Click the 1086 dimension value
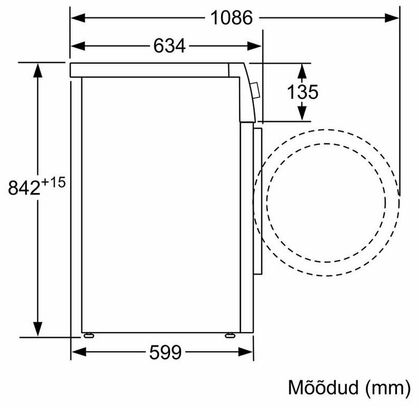pyautogui.click(x=231, y=18)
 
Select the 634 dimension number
pyautogui.click(x=169, y=46)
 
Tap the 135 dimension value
pyautogui.click(x=303, y=92)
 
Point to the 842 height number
pyautogui.click(x=24, y=188)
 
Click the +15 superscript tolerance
pyautogui.click(x=53, y=183)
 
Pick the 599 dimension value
pyautogui.click(x=166, y=352)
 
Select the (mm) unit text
pyautogui.click(x=388, y=388)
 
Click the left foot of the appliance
pyautogui.click(x=89, y=335)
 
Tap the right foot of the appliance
pyautogui.click(x=230, y=335)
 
